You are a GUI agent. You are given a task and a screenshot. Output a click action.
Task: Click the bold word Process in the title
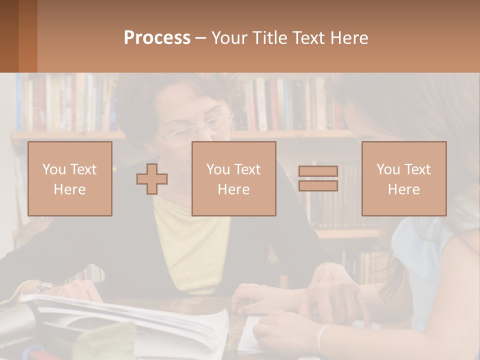(157, 38)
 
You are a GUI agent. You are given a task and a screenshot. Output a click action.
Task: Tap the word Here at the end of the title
(349, 38)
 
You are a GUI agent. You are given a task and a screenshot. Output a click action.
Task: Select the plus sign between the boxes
(152, 179)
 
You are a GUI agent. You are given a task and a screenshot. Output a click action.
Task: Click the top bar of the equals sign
(318, 171)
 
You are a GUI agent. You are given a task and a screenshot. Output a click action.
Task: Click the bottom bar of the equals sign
(318, 185)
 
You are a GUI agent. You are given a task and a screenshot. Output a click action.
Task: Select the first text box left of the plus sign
(70, 179)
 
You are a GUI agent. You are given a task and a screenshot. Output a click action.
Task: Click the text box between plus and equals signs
(234, 179)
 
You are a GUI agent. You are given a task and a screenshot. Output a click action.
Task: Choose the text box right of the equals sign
(404, 179)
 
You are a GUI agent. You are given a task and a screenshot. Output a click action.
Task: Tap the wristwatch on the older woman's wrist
(44, 287)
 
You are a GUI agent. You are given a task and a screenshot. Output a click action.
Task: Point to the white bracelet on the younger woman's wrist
(322, 338)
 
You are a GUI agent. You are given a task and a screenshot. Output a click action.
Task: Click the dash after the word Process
(200, 38)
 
